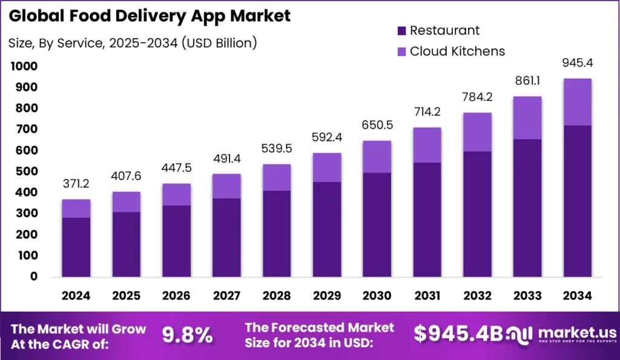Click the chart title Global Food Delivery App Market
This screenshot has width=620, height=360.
pyautogui.click(x=150, y=16)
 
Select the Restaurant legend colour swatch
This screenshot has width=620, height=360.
pyautogui.click(x=401, y=30)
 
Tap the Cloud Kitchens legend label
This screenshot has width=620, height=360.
pyautogui.click(x=457, y=51)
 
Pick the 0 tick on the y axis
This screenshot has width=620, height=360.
pyautogui.click(x=34, y=277)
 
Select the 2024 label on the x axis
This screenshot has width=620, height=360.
pyautogui.click(x=76, y=296)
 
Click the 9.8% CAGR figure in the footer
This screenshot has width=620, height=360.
pyautogui.click(x=187, y=335)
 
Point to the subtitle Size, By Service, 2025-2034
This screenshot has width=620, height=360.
pyautogui.click(x=133, y=42)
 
